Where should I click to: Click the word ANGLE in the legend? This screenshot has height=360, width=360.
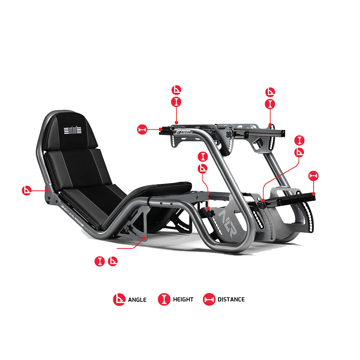coord(137,300)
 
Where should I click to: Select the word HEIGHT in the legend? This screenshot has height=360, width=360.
coord(183,300)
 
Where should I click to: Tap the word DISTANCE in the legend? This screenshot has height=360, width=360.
coord(231,300)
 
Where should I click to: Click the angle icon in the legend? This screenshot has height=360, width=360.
coord(119,300)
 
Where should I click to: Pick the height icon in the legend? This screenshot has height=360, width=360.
coord(164,300)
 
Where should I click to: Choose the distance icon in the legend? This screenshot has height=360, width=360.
coord(209,300)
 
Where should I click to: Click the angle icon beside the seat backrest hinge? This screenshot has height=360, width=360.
coord(27,190)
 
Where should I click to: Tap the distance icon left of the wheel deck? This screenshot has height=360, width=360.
coord(143,129)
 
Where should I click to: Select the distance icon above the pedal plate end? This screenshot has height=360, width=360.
coord(314,176)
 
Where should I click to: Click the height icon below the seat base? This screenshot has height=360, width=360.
coord(100,261)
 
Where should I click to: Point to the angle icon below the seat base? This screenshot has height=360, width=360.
coord(113,261)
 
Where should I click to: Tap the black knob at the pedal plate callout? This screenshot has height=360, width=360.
coord(262,204)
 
